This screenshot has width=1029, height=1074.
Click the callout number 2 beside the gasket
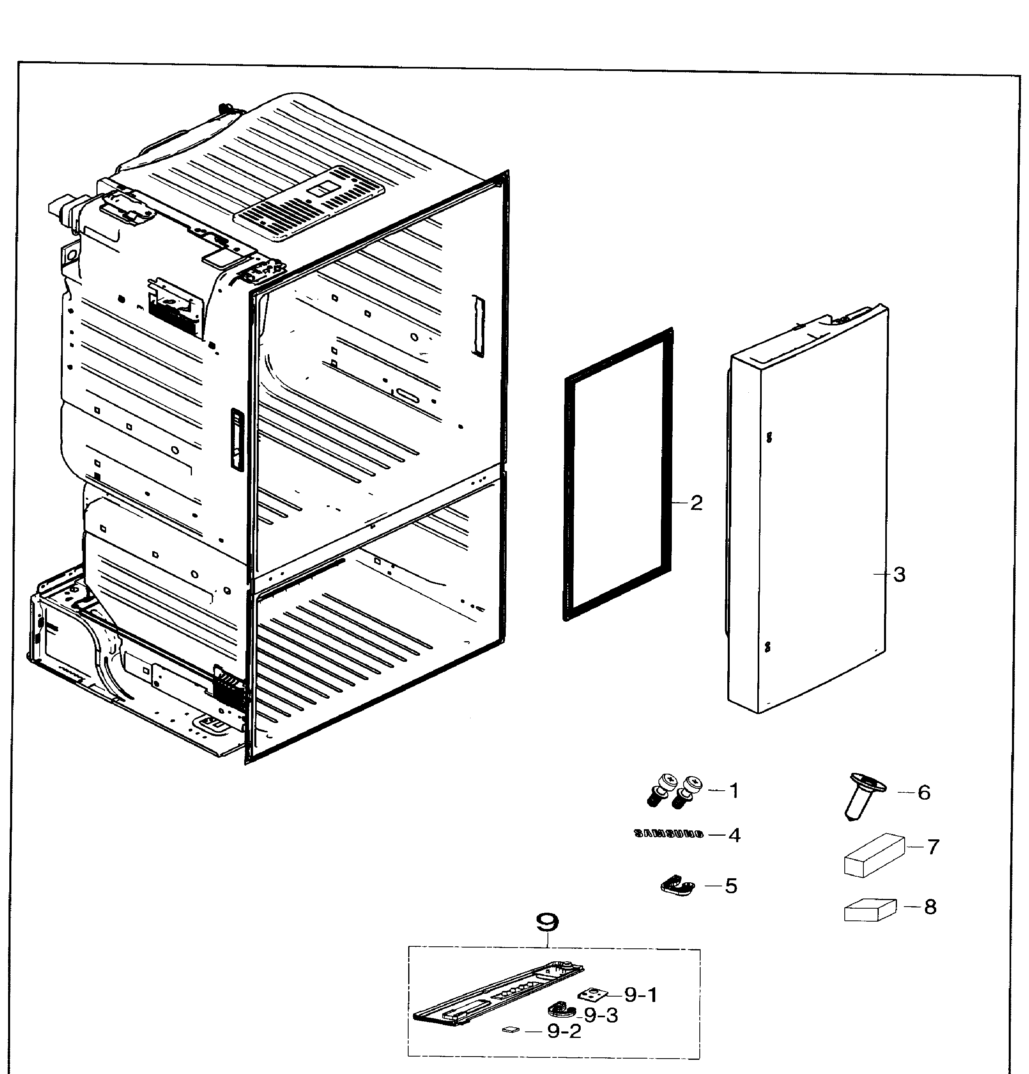coord(696,503)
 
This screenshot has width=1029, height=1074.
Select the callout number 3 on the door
coord(899,575)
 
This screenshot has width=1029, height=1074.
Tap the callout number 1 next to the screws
coord(734,791)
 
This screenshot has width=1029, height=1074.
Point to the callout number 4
coord(734,835)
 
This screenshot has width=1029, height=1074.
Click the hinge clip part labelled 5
coord(677,886)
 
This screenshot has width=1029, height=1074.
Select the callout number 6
coord(924,792)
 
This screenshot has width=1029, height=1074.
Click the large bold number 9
coord(547,923)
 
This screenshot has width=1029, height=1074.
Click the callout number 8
coord(930,907)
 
